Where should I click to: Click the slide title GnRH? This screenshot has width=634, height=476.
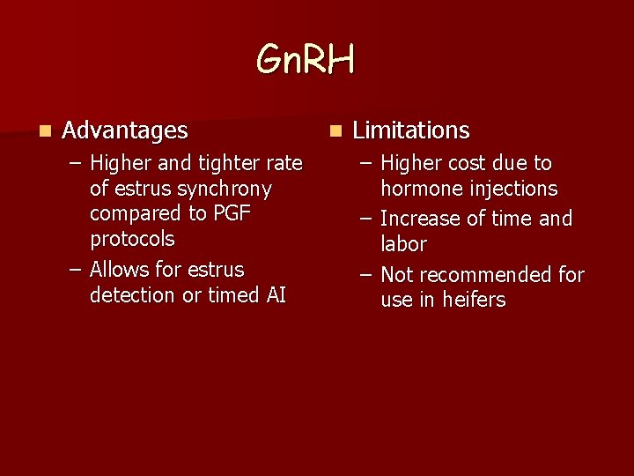point(306,60)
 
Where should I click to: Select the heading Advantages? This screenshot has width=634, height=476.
point(125,130)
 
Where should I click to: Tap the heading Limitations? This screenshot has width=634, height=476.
point(410,130)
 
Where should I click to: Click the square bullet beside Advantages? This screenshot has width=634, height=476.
point(44,130)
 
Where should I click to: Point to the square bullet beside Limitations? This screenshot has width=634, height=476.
point(335,130)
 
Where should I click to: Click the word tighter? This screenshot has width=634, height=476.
point(229,164)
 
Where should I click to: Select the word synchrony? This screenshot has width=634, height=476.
point(225,190)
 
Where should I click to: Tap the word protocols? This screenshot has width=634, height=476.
point(132,240)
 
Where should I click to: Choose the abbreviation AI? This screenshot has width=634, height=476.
point(275,295)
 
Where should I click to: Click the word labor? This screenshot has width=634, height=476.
point(403,244)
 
